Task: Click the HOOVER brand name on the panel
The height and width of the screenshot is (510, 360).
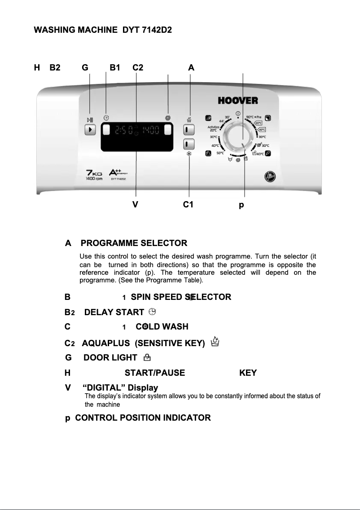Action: tap(238, 101)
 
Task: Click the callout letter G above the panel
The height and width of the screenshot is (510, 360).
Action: tap(85, 68)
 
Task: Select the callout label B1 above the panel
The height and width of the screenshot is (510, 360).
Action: tap(115, 68)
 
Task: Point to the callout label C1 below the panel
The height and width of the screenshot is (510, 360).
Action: tap(188, 205)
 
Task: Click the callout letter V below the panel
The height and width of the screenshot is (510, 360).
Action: tap(135, 205)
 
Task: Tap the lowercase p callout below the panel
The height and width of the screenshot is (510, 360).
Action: tap(241, 205)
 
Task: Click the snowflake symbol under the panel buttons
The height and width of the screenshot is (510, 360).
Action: tap(189, 154)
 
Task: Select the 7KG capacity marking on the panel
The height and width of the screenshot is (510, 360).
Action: tap(94, 173)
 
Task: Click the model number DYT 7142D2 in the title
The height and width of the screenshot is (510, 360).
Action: tap(147, 30)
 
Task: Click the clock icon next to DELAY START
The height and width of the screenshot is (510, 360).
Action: tap(152, 312)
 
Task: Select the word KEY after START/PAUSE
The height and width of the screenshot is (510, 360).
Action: tap(248, 373)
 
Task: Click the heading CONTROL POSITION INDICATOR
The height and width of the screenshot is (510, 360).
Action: tap(143, 418)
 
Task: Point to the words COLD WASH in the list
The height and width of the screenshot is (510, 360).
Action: tap(162, 327)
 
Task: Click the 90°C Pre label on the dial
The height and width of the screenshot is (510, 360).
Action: tap(254, 117)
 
